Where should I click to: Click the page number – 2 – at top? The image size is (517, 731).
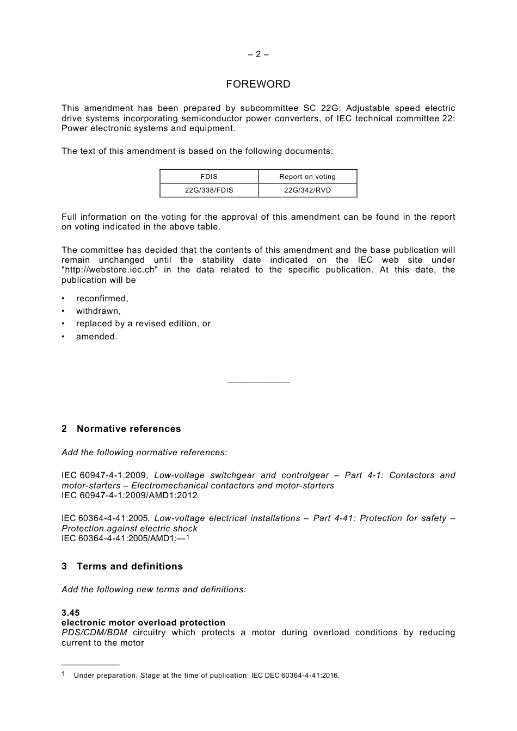click(x=258, y=54)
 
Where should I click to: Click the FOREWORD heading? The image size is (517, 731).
click(x=258, y=84)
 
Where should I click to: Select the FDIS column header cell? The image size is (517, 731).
click(x=209, y=177)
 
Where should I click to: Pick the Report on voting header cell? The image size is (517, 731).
click(x=307, y=177)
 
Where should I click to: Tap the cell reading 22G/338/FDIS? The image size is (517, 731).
click(x=209, y=190)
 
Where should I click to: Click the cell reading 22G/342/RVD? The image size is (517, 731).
click(x=307, y=190)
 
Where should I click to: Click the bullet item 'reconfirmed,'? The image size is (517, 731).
click(x=102, y=299)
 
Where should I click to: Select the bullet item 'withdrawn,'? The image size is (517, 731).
click(x=99, y=311)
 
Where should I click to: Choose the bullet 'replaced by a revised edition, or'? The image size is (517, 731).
click(x=143, y=324)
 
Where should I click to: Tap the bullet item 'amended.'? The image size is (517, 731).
click(x=96, y=337)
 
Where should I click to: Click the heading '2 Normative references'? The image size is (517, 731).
click(x=121, y=429)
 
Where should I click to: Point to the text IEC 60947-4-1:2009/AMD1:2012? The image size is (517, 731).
click(x=130, y=495)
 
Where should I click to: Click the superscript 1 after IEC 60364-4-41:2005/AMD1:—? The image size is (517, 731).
click(x=188, y=537)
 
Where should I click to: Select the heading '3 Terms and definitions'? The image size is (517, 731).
click(x=122, y=567)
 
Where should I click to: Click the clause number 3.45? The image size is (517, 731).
click(x=70, y=613)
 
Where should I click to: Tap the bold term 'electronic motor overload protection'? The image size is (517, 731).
click(x=143, y=623)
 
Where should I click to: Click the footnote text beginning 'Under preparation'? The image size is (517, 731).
click(x=206, y=676)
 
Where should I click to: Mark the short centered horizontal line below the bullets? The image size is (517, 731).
click(x=258, y=382)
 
